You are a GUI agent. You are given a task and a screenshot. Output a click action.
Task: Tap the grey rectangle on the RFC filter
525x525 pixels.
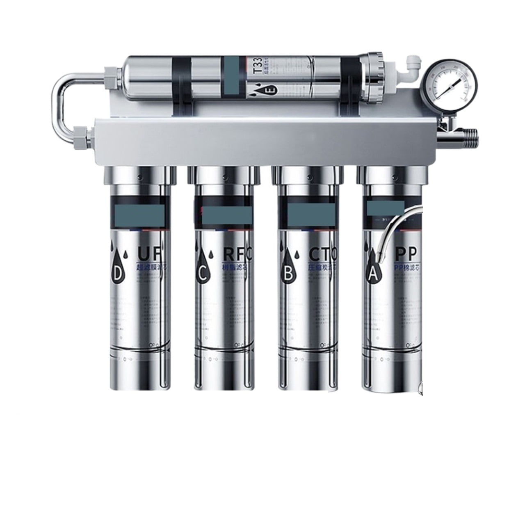pos(226,215)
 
